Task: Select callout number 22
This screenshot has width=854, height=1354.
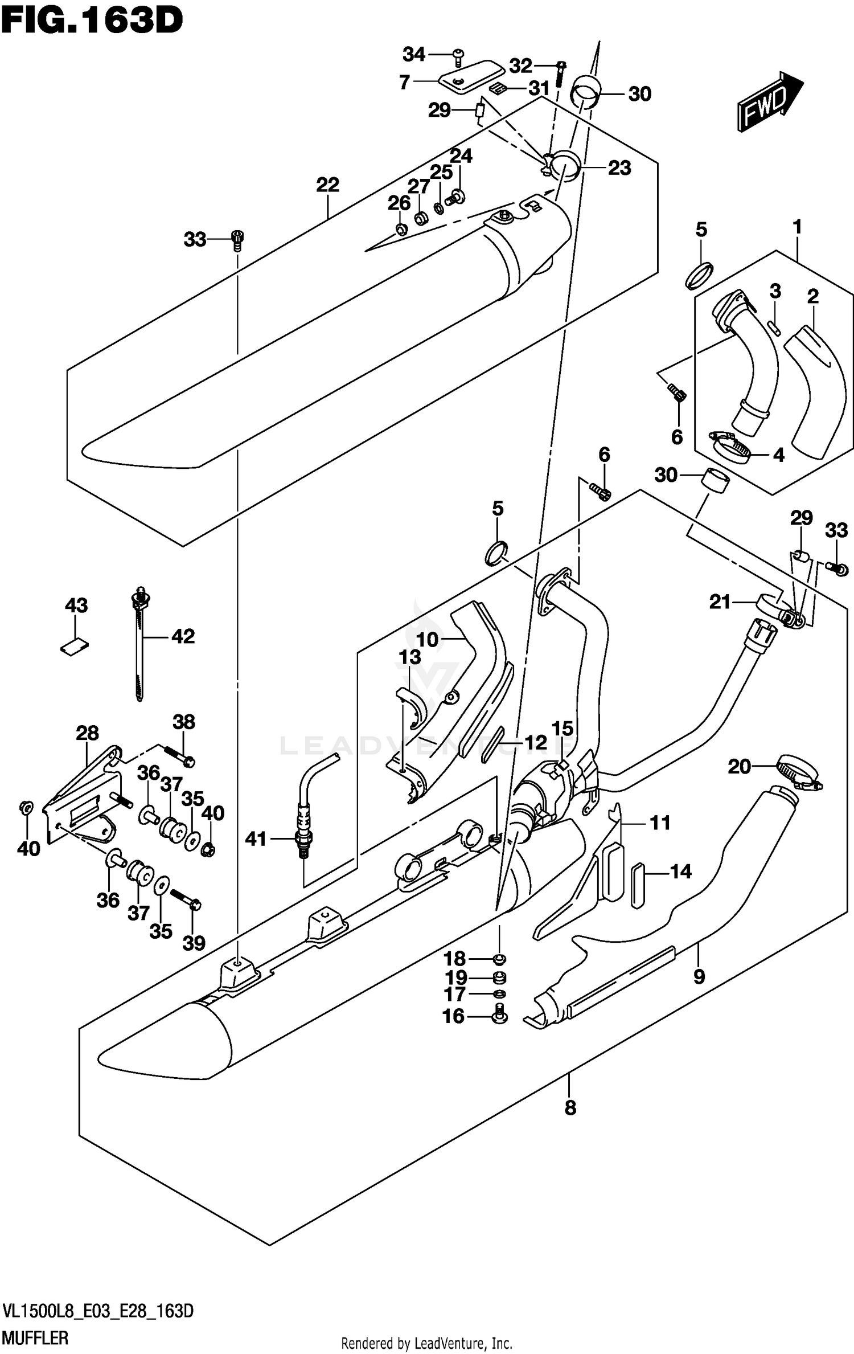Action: click(327, 185)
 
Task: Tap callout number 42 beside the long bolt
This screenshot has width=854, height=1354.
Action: click(183, 636)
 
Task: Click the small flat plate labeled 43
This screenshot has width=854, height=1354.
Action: click(75, 646)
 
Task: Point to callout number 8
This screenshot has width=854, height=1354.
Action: click(570, 1107)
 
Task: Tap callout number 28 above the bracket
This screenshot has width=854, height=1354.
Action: click(87, 733)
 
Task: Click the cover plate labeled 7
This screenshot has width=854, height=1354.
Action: click(471, 76)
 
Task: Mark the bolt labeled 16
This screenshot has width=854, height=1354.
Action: click(499, 1015)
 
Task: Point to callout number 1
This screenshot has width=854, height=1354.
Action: click(797, 227)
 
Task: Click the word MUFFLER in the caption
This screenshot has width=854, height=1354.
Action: click(35, 1333)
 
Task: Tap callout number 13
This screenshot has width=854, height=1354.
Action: click(409, 657)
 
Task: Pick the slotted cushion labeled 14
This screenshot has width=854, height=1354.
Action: click(638, 884)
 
